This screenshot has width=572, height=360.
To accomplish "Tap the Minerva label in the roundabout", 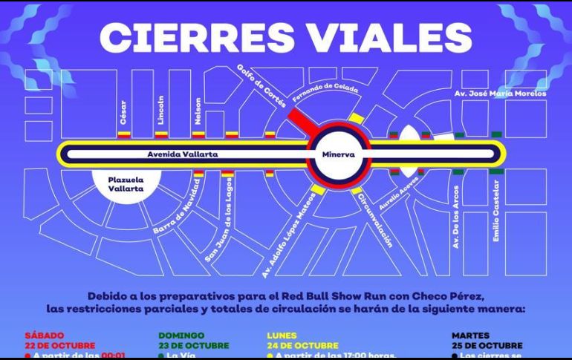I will [x=339, y=154].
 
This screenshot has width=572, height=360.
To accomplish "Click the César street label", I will [x=123, y=114].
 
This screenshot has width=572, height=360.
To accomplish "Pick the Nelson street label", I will [x=198, y=112].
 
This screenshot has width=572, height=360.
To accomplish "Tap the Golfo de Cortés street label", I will [x=261, y=86].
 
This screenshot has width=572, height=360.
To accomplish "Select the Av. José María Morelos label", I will [x=500, y=94].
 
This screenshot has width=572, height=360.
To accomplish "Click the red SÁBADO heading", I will [x=44, y=336].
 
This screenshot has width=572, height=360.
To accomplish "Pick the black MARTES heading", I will [x=471, y=336].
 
